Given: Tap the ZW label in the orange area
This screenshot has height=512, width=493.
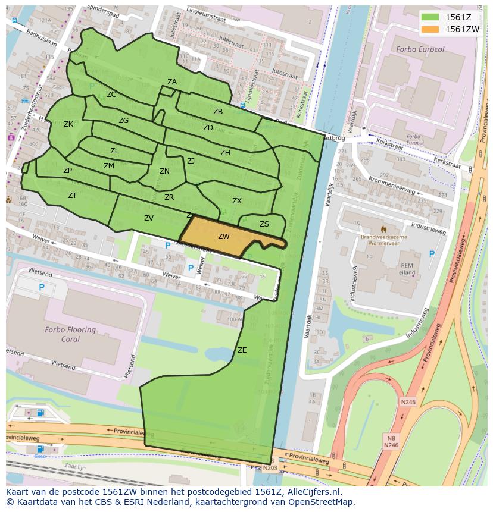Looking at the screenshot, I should (x=223, y=237).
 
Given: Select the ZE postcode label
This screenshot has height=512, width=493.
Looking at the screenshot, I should (x=242, y=350).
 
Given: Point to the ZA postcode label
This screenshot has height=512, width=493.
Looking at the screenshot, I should (x=172, y=82).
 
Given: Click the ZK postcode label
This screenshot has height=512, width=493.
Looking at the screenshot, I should (x=68, y=124).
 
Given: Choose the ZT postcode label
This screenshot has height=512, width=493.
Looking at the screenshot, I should (x=72, y=196).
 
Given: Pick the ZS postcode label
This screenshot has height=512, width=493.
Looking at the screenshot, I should (x=264, y=224).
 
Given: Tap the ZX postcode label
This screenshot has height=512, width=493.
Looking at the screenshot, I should (x=237, y=201).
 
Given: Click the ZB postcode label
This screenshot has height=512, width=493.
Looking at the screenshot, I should (x=218, y=112).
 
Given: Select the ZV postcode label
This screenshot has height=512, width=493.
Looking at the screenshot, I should (x=149, y=218).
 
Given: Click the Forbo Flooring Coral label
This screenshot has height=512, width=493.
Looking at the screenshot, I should (x=70, y=334).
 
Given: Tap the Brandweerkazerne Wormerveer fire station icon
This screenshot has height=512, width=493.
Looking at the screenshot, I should (x=383, y=228).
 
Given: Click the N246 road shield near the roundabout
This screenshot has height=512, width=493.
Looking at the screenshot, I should (x=408, y=402).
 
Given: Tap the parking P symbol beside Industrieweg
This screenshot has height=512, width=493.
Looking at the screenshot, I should (x=432, y=254).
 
